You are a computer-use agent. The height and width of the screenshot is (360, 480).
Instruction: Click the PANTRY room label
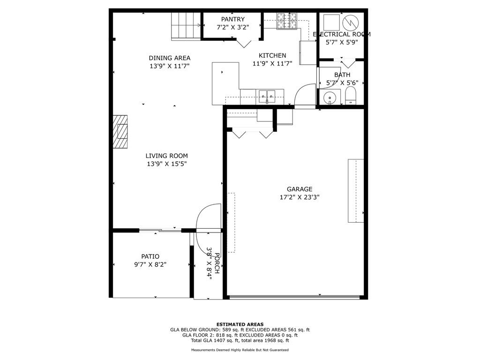point(232,19)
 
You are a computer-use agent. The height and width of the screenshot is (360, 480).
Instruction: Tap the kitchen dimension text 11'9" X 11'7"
point(272,63)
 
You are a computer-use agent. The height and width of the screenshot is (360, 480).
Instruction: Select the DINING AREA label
point(170,58)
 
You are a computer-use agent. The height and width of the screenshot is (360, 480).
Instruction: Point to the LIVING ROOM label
point(166,156)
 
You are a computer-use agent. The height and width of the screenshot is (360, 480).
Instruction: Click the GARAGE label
point(300,189)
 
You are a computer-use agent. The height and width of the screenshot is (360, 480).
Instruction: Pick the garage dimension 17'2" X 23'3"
point(300,197)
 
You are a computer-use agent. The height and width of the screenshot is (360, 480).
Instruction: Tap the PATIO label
point(150,256)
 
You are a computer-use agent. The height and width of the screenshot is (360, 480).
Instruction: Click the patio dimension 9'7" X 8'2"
point(150,264)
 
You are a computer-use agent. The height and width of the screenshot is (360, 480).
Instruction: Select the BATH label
point(342,75)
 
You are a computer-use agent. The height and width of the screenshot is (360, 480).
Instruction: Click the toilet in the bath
point(351,96)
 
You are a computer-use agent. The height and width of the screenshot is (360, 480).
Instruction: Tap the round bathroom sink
point(330,97)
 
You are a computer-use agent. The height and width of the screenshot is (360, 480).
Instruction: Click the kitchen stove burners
point(287,21)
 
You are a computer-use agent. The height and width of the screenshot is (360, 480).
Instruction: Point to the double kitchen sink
point(267,97)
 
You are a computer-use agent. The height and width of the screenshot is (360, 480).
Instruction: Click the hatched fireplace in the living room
point(120,132)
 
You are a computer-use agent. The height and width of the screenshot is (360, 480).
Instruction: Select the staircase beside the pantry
point(186,26)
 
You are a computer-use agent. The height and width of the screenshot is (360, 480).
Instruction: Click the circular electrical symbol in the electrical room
point(350,22)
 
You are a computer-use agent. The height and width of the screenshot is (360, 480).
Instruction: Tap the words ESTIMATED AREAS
point(240,324)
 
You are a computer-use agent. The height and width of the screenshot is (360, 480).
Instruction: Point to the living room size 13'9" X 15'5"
point(166,164)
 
